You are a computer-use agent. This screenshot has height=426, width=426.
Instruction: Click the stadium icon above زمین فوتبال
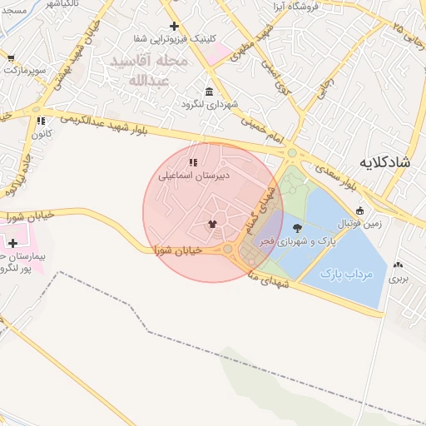pos(359,211)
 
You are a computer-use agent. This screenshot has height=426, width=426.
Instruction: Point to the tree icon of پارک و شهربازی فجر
pos(298,227)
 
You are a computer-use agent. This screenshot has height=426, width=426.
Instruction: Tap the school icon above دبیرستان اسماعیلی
pos(193,163)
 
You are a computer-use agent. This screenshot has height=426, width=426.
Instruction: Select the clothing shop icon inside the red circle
pos(212,224)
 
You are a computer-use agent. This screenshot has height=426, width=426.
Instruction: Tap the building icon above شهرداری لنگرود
pos(208,92)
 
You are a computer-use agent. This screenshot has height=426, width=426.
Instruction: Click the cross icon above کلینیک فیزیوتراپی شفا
pos(174,27)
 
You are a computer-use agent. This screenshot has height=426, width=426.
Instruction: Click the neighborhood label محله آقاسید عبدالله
pos(150,72)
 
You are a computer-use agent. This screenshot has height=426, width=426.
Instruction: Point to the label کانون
pos(42,134)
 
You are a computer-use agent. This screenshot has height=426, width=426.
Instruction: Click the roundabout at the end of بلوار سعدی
pos(292,153)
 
